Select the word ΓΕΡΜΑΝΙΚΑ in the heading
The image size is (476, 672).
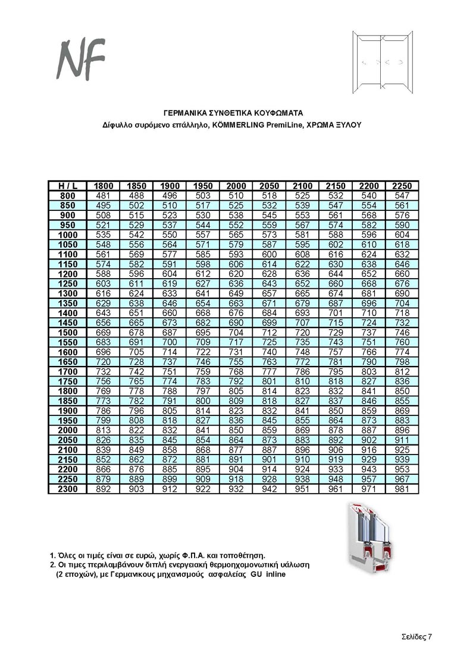coord(186,112)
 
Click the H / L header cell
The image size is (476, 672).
coord(68,186)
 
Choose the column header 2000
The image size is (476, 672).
coord(236,186)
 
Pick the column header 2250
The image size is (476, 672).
coord(402,186)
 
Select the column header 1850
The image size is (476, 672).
coord(137,186)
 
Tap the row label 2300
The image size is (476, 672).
coord(68,488)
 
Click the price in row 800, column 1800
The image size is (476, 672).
coord(104,195)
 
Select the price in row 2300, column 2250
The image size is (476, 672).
coord(402,488)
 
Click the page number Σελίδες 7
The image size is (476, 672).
coord(415,636)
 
